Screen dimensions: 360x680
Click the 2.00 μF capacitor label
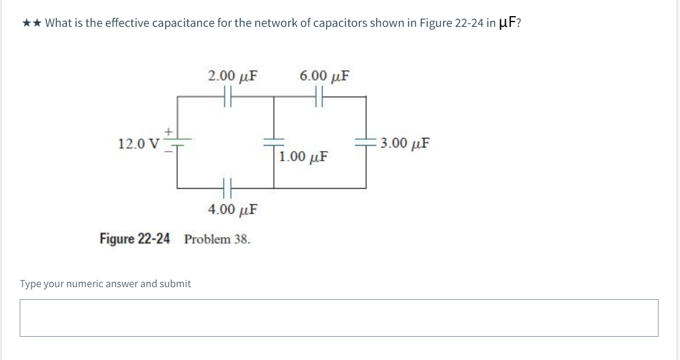[x=233, y=76]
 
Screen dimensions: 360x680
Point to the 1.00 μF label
[x=303, y=158]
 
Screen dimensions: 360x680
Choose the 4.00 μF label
[x=233, y=210]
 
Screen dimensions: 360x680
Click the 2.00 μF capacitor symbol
[x=227, y=96]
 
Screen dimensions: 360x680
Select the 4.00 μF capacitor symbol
[x=227, y=188]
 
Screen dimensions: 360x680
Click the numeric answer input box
[x=339, y=318]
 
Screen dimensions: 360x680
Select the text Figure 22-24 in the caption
[x=134, y=239]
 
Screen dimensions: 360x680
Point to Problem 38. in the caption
[x=217, y=239]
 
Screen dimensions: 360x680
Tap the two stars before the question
[x=32, y=23]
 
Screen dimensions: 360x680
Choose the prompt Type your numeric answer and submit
[x=106, y=284]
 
